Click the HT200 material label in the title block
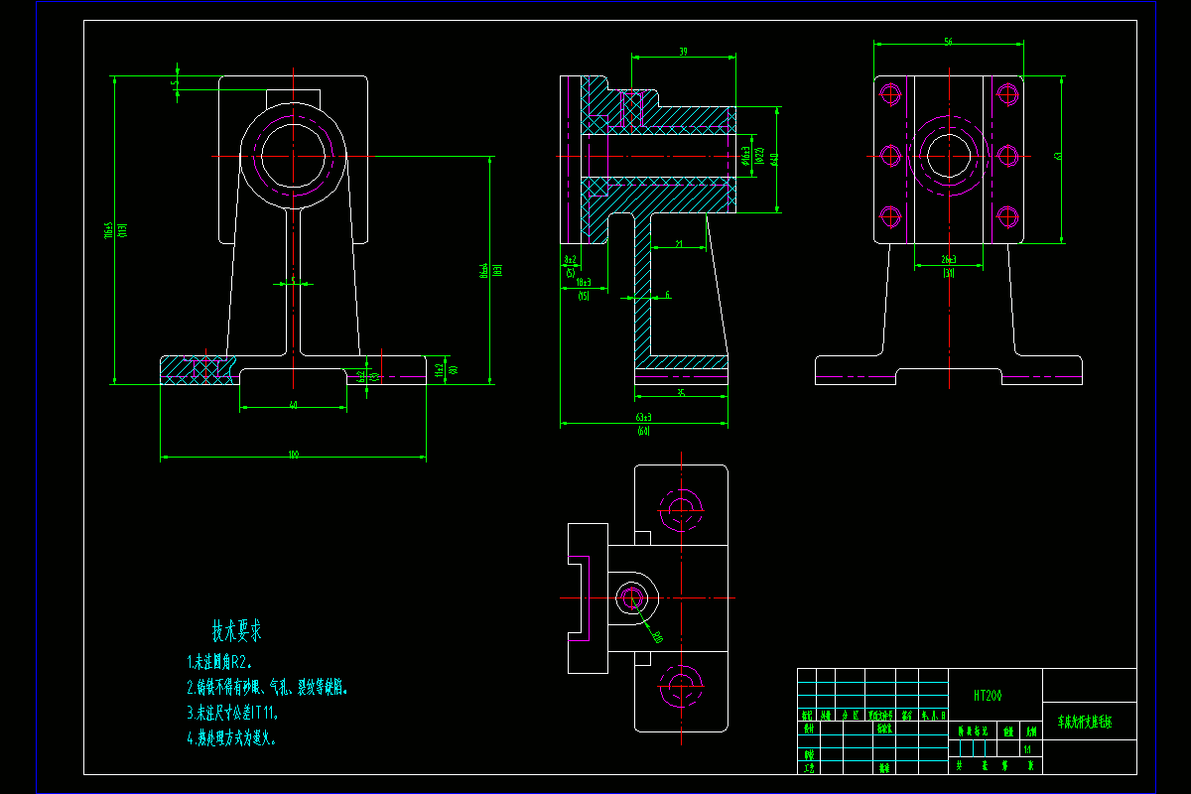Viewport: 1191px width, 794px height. tap(987, 696)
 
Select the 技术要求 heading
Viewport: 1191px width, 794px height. tap(236, 630)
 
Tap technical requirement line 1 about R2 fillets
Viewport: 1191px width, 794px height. tap(219, 662)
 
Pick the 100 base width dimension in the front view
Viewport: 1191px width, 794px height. tap(294, 455)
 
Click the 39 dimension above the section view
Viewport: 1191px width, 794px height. tap(684, 52)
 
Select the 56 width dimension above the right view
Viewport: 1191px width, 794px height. tap(948, 42)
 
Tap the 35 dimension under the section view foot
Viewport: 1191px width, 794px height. tap(681, 393)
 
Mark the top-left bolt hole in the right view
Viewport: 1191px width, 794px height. tap(890, 95)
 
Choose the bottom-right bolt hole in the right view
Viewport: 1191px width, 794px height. tap(1008, 215)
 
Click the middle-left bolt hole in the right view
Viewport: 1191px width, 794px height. tap(890, 156)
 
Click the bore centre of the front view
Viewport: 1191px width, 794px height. tap(294, 156)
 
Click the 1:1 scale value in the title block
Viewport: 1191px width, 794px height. tap(1026, 749)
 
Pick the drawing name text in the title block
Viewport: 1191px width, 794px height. tap(1084, 723)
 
